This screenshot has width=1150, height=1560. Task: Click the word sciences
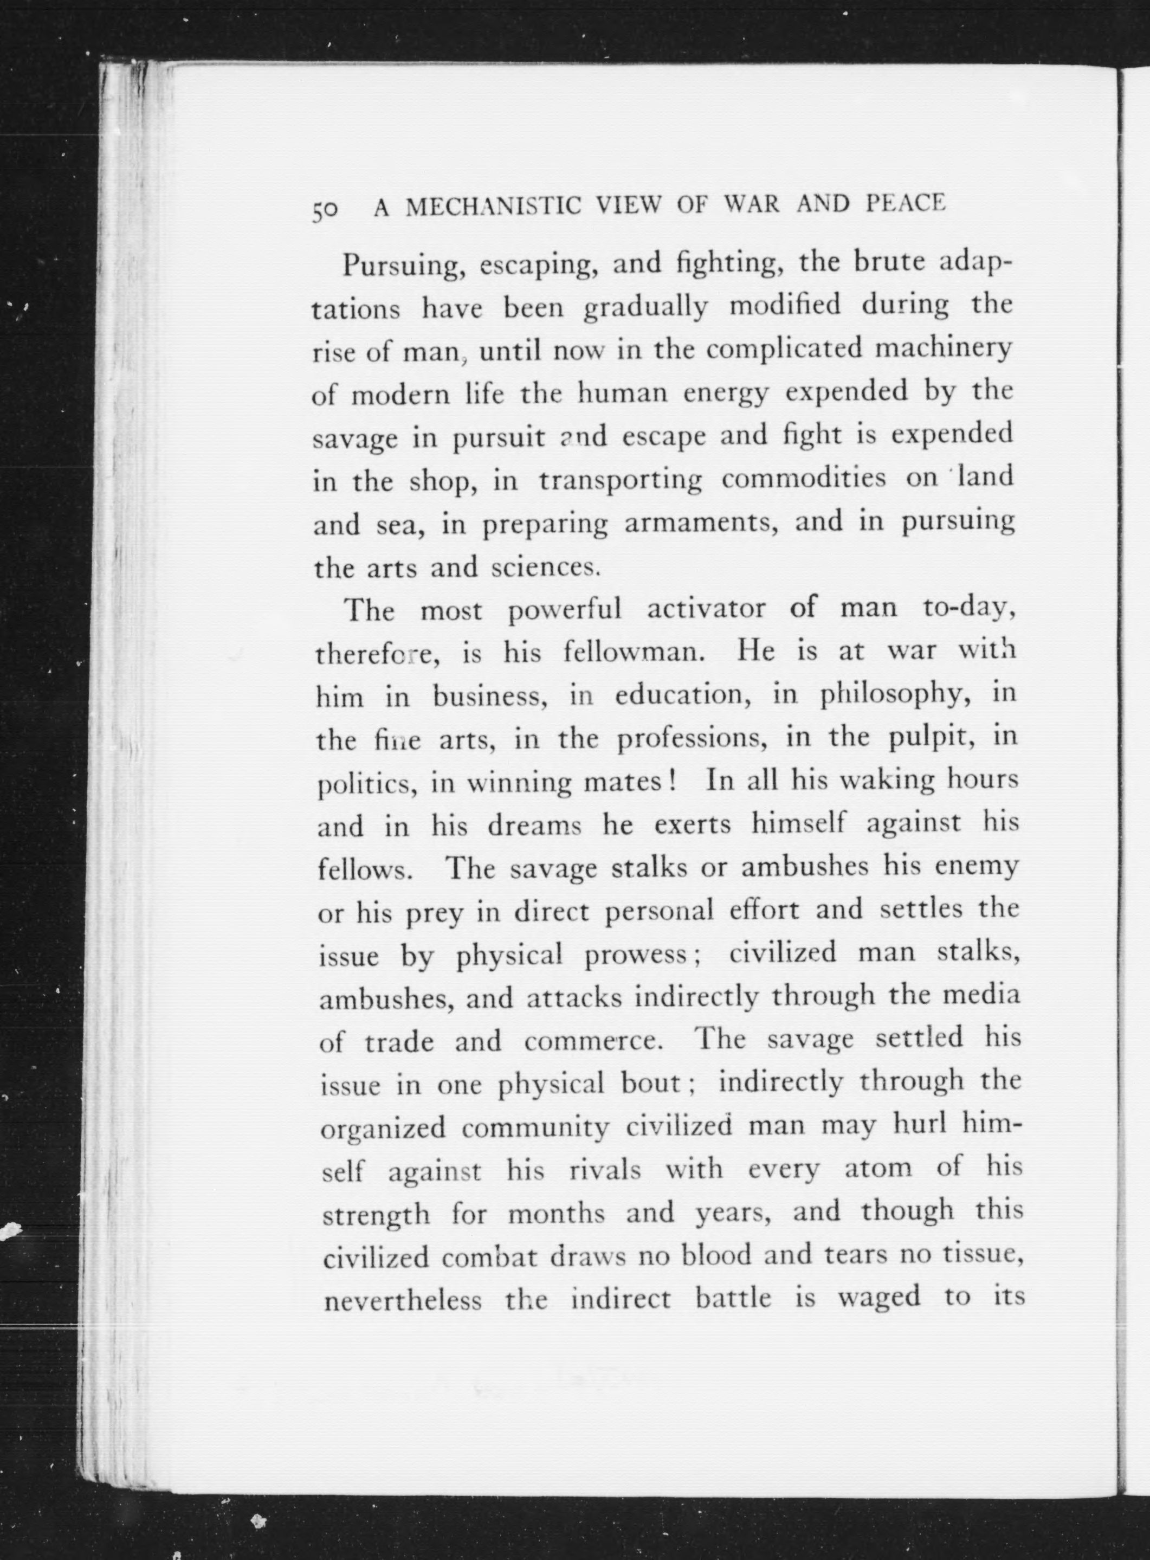coord(545,568)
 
